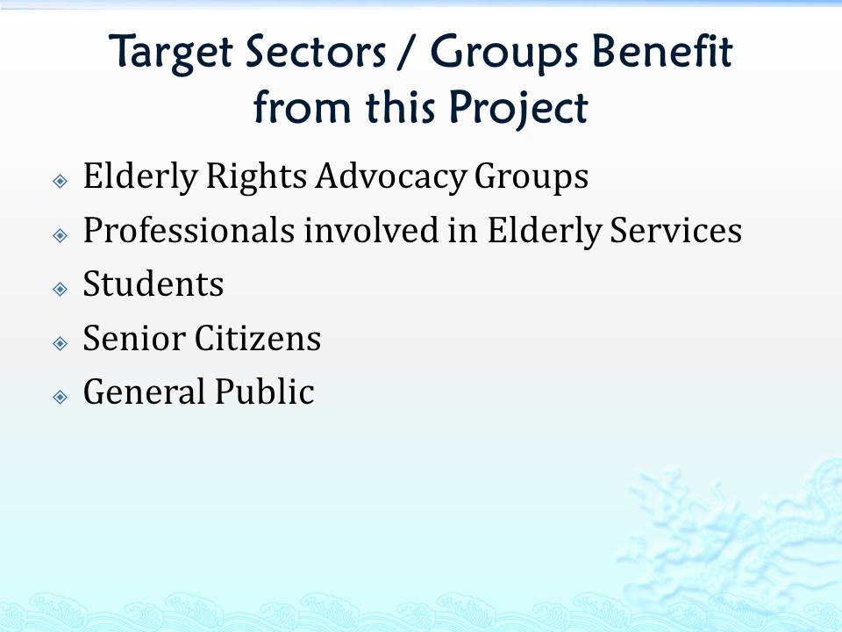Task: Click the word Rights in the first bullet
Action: click(x=256, y=176)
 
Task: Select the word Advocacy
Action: click(x=391, y=177)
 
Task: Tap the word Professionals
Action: click(x=189, y=230)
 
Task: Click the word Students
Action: click(x=153, y=284)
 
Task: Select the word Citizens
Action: click(x=258, y=338)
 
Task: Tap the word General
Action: click(x=145, y=391)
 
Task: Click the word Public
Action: click(x=265, y=391)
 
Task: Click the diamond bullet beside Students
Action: click(x=61, y=289)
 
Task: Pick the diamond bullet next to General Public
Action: click(x=61, y=397)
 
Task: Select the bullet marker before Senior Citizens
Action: click(x=61, y=343)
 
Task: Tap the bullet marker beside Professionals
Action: click(x=61, y=235)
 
